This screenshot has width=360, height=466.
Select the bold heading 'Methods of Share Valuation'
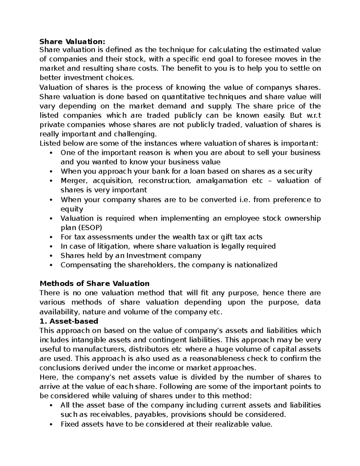[x=94, y=284]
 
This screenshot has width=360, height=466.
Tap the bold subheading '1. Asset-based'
[x=69, y=321]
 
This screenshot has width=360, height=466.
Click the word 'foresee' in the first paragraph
[x=253, y=59]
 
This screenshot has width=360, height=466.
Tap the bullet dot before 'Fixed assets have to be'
[x=52, y=425]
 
